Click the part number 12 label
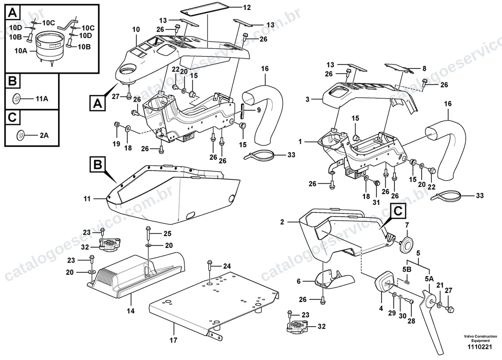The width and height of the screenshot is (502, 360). tap(247, 8)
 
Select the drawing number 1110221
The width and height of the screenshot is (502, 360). tap(479, 347)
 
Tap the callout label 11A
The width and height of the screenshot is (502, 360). tap(42, 99)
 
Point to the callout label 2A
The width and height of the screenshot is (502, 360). tap(44, 135)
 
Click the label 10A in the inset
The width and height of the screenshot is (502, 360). tap(21, 51)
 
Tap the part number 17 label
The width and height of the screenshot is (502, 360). tap(173, 340)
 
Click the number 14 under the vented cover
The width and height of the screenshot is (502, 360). tap(131, 311)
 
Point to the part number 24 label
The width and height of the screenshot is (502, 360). tap(227, 266)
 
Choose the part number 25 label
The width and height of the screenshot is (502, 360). tap(167, 234)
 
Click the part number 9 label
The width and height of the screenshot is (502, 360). tap(259, 110)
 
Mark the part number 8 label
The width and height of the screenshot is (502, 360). tap(424, 69)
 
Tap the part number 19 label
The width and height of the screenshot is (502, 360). tap(116, 144)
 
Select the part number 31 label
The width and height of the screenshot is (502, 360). tap(376, 202)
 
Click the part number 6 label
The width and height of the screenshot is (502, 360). tap(299, 281)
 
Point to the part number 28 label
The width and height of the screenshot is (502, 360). tap(411, 321)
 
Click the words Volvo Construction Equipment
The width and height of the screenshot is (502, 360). tap(480, 338)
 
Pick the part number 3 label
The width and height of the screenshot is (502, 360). tap(307, 99)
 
